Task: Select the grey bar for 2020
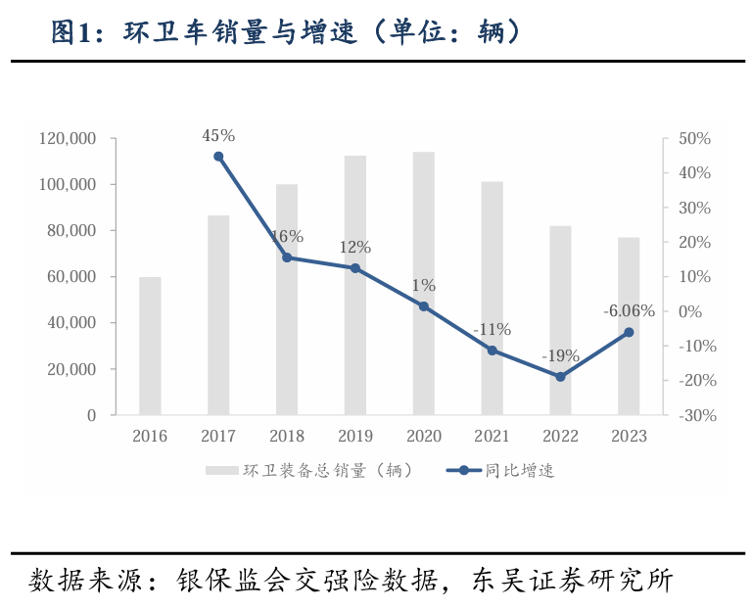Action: pyautogui.click(x=423, y=283)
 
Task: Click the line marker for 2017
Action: pyautogui.click(x=218, y=157)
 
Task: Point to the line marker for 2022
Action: pyautogui.click(x=560, y=377)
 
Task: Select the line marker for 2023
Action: pyautogui.click(x=629, y=333)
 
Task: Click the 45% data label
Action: pyautogui.click(x=218, y=135)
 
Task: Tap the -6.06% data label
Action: pyautogui.click(x=629, y=311)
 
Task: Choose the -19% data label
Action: pyautogui.click(x=560, y=355)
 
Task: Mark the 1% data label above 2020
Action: pyautogui.click(x=423, y=285)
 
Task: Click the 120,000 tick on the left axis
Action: pyautogui.click(x=68, y=139)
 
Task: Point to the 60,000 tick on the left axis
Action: pyautogui.click(x=71, y=277)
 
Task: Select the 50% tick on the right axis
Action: pyautogui.click(x=692, y=139)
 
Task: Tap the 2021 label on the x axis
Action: pyautogui.click(x=492, y=437)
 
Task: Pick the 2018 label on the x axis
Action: pyautogui.click(x=287, y=437)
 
